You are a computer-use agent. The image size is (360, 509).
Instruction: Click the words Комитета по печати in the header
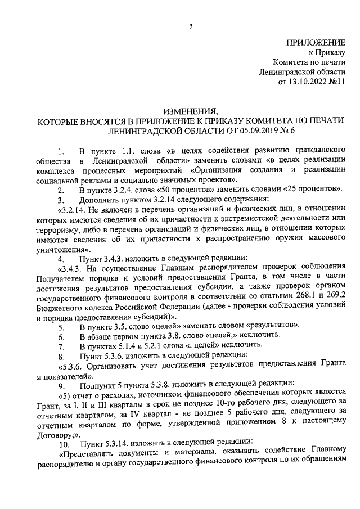[x=309, y=62]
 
